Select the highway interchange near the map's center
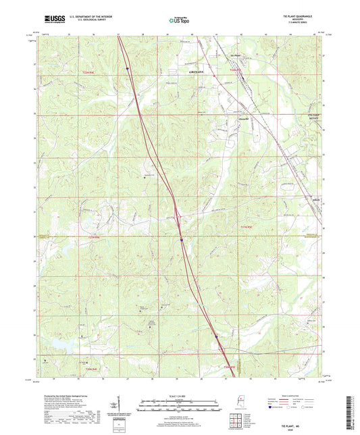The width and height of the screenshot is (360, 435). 177,215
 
